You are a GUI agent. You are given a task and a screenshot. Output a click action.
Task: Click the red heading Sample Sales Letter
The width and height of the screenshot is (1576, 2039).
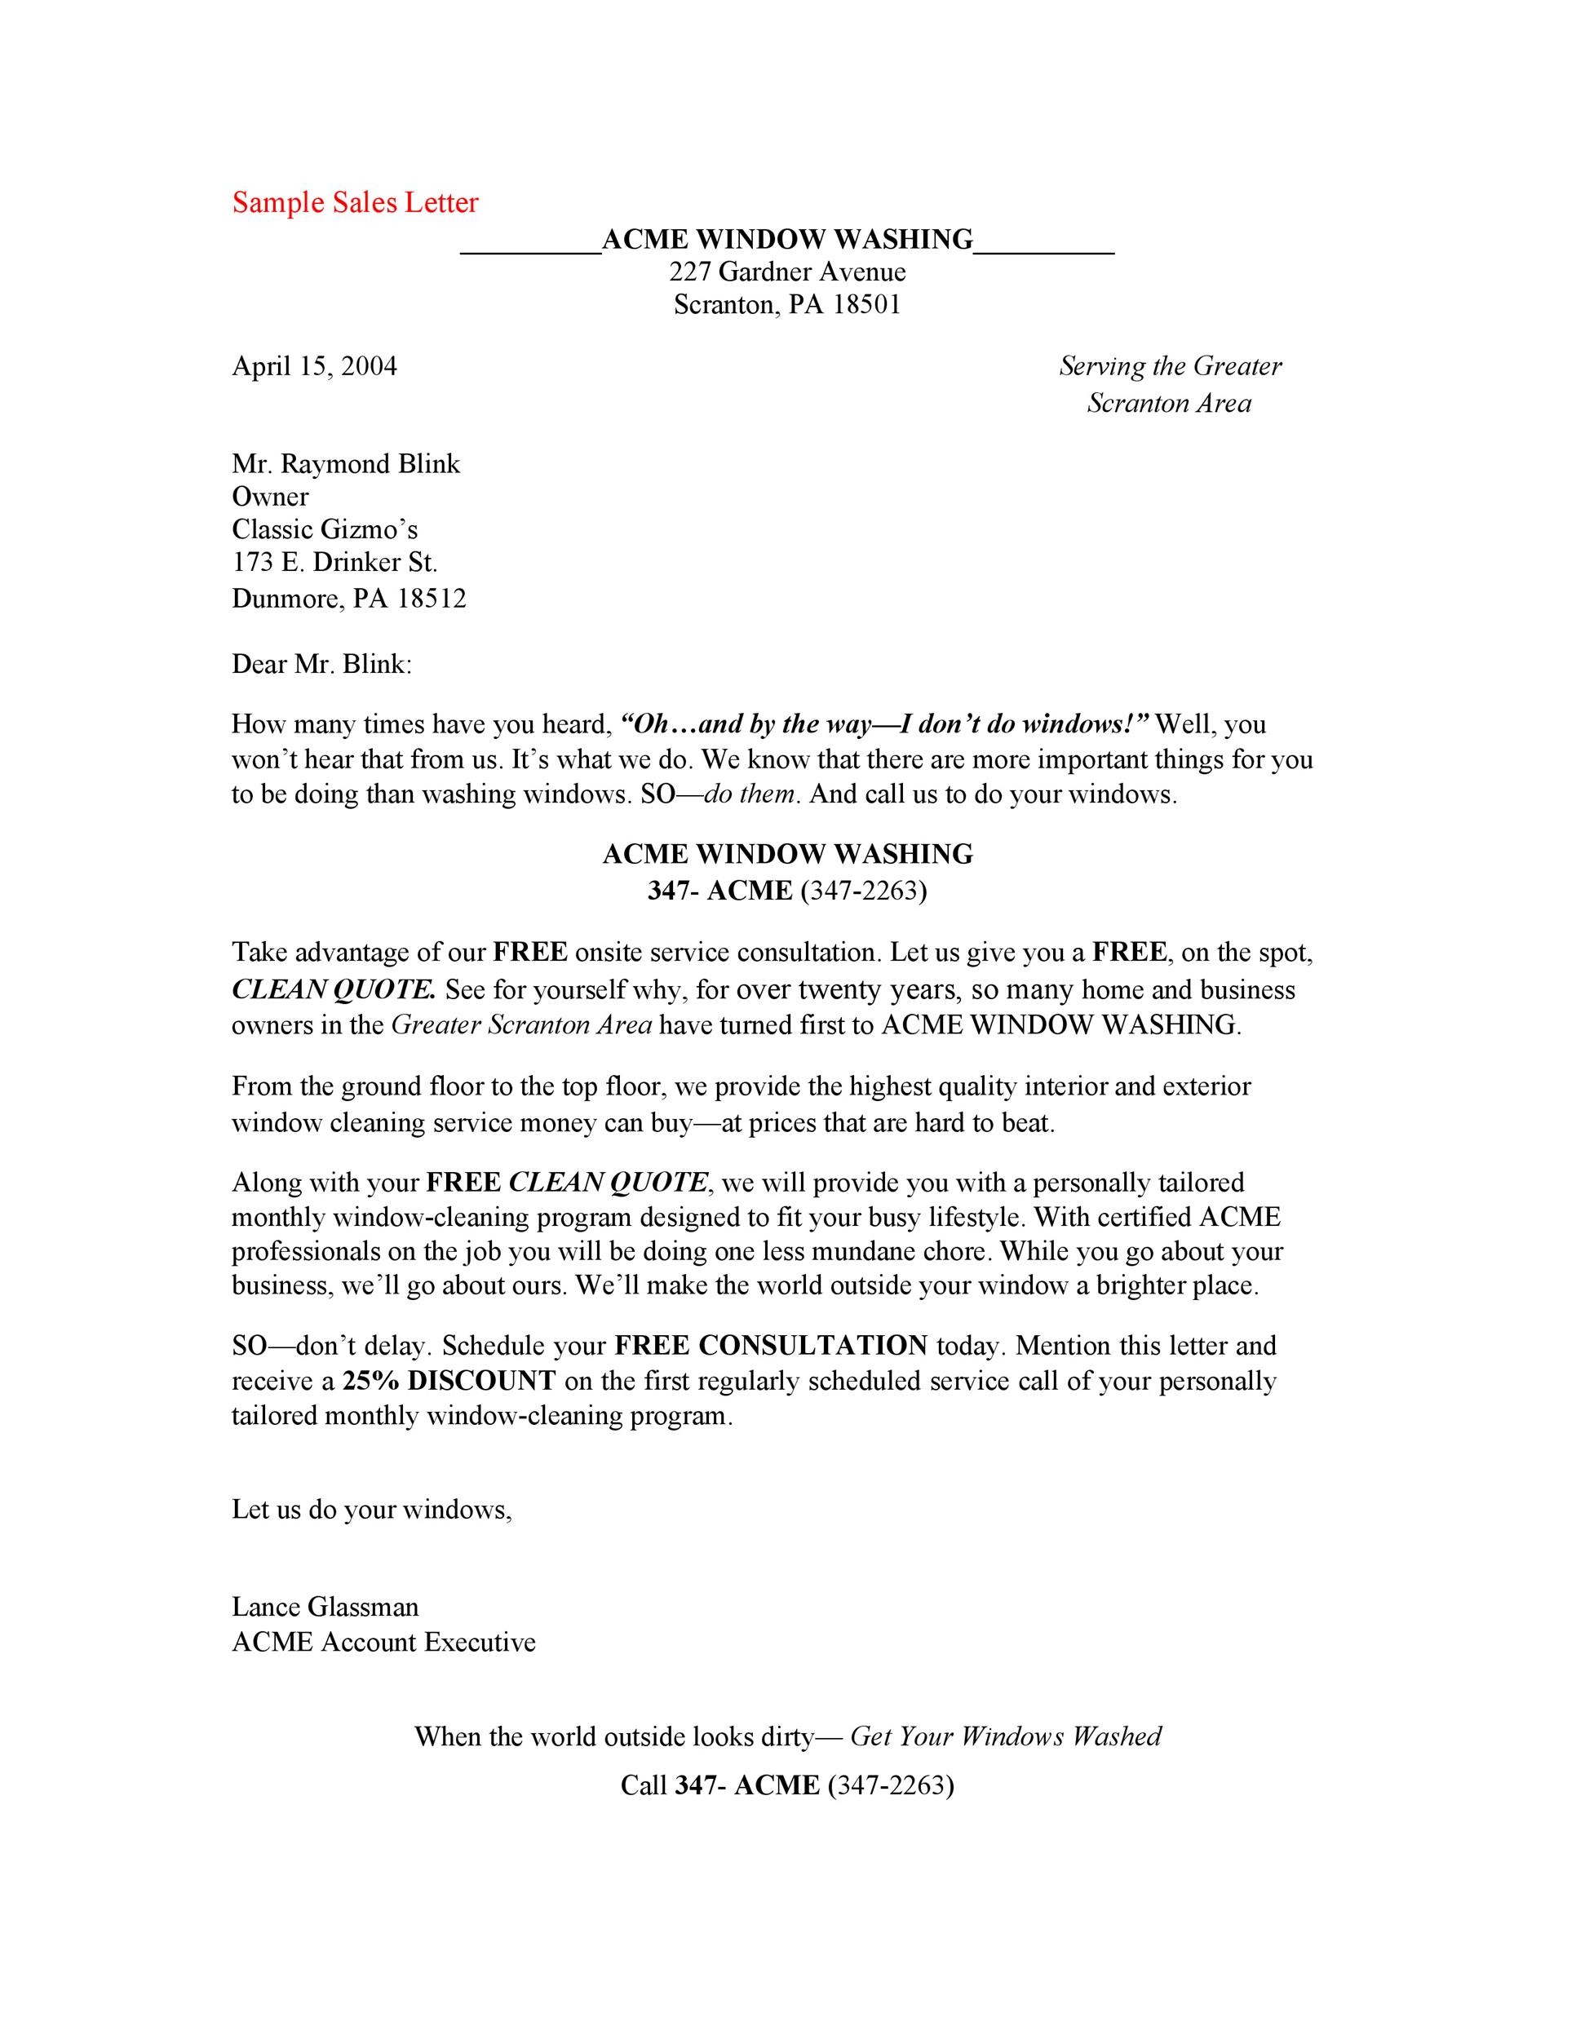coord(355,202)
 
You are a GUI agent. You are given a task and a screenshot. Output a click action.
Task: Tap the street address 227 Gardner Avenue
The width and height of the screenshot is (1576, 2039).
coord(787,272)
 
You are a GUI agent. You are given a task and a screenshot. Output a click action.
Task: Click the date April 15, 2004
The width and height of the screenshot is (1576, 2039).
coord(315,366)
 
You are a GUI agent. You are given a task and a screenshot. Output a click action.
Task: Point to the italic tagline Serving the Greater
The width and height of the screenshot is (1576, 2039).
coord(1170,366)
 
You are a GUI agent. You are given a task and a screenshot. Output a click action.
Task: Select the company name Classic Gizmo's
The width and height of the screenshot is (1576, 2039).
coord(325,529)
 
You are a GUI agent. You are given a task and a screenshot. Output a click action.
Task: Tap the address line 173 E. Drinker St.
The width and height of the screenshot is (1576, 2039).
coord(334,562)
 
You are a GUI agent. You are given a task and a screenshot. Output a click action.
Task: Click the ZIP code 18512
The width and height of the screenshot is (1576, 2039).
coord(432,598)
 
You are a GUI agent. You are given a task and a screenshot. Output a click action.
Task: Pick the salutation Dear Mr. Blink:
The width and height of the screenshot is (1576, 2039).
coord(321,665)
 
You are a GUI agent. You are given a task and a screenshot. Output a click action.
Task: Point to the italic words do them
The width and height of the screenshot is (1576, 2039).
coord(750,794)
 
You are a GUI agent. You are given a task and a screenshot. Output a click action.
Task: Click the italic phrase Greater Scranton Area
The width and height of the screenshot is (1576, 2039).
coord(521,1025)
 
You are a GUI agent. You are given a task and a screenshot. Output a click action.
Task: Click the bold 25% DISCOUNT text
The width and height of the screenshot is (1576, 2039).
coord(449,1381)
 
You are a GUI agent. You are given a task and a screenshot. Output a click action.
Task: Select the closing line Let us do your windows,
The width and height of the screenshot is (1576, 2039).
coord(372,1510)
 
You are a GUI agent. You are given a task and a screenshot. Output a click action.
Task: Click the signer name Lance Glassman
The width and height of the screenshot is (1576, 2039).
coord(325,1607)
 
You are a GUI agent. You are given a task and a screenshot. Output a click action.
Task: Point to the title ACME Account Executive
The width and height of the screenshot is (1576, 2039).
coord(383,1643)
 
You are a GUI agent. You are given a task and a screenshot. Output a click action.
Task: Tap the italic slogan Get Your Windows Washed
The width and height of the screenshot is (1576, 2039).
coord(1006,1736)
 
